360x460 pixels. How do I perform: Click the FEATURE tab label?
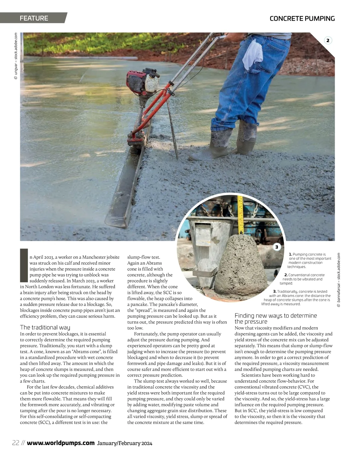tap(34, 18)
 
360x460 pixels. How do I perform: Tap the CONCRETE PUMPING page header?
tap(302, 19)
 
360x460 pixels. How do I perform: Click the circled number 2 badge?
tap(328, 40)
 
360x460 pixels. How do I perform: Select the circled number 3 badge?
tap(277, 247)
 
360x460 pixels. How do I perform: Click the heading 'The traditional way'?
tap(45, 327)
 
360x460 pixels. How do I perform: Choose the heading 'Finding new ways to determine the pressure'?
tap(276, 319)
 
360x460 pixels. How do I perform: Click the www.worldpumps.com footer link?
tap(61, 443)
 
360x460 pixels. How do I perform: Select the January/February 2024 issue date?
tap(124, 443)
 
